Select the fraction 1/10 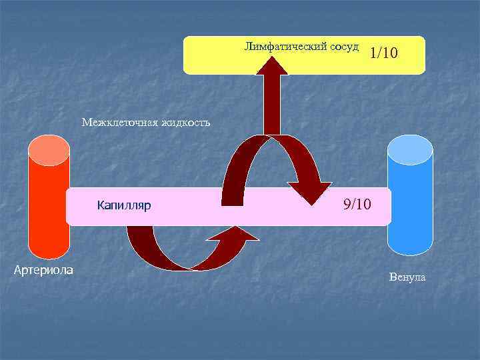[384, 53]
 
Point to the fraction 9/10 [357, 203]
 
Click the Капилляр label [124, 205]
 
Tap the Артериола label [44, 269]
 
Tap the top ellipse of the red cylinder [49, 149]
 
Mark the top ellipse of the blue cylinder [410, 149]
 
